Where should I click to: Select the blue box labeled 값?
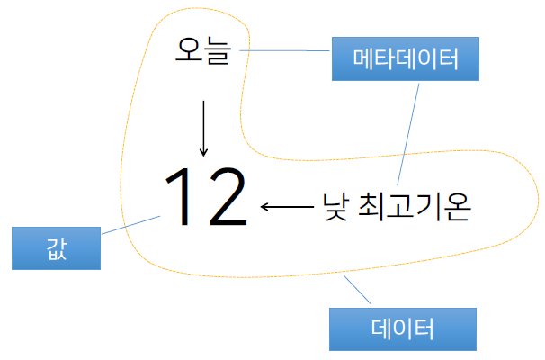[56, 248]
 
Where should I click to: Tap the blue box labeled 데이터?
[402, 328]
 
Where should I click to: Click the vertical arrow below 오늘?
[203, 126]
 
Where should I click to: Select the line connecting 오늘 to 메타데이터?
[287, 50]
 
